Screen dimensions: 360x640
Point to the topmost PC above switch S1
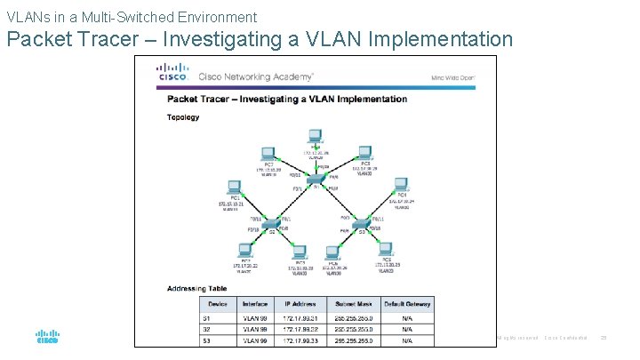(x=314, y=137)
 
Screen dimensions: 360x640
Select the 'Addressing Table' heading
(x=196, y=288)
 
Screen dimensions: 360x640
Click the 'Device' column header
(x=218, y=304)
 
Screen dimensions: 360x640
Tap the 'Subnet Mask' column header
(x=354, y=304)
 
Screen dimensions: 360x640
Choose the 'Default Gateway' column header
(x=407, y=304)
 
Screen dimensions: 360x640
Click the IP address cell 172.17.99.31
(x=300, y=316)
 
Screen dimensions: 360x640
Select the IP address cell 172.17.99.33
(x=300, y=340)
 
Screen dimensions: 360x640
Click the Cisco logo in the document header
(x=172, y=71)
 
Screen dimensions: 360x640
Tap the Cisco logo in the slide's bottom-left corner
(x=47, y=338)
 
